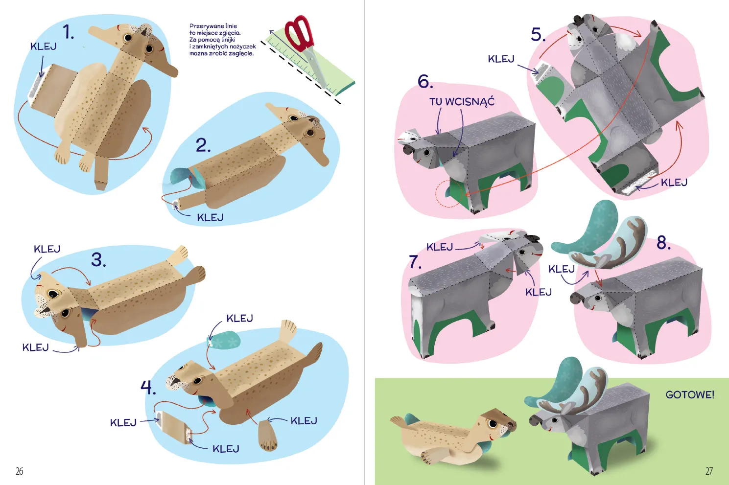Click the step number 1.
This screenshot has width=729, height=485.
pos(68,32)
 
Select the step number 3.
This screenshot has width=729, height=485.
pos(98,260)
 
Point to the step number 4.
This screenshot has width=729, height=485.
pos(148,388)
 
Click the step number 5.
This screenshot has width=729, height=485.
pos(538,34)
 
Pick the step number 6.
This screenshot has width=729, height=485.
pos(425,81)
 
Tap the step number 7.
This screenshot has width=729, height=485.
pos(415,262)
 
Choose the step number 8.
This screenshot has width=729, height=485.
pos(664,243)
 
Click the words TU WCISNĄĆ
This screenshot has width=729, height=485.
pos(462,101)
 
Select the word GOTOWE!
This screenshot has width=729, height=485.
pos(690,394)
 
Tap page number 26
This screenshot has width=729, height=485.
pos(20,471)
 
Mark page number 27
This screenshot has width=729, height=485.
pos(709,471)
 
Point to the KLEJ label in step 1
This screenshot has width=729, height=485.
pos(43,46)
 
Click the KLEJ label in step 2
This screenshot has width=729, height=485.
pos(210,218)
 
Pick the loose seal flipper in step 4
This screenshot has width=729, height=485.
pos(267,435)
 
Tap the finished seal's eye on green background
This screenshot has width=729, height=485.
pos(493,423)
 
